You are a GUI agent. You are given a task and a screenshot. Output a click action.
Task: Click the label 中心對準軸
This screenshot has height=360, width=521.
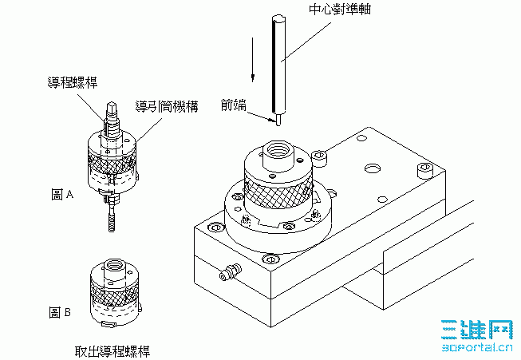(340, 9)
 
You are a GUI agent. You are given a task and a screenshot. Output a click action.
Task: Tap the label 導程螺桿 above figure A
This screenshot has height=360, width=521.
(73, 82)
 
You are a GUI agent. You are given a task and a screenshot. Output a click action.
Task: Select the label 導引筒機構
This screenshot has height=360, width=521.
(167, 106)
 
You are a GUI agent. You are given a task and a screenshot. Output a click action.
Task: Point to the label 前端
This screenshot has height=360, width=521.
(234, 105)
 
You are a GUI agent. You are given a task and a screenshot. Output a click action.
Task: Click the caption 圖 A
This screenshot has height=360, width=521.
(62, 194)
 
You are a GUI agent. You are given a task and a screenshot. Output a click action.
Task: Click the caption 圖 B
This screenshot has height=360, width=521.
(60, 312)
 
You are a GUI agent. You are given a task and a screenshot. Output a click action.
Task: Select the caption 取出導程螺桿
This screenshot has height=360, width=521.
(112, 351)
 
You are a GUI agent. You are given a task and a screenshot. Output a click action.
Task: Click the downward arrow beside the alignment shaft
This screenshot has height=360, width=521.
(253, 60)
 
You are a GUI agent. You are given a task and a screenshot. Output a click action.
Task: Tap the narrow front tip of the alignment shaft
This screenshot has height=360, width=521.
(278, 120)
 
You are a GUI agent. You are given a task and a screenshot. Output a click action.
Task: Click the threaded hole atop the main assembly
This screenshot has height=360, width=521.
(278, 149)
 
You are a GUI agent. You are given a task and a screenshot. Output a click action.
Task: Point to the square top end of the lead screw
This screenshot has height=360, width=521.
(112, 108)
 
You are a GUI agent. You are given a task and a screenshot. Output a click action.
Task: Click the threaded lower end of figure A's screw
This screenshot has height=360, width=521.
(112, 221)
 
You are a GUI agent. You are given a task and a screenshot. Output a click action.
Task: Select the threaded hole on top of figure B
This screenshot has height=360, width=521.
(114, 266)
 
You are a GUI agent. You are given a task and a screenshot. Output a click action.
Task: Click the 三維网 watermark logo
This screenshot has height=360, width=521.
(477, 330)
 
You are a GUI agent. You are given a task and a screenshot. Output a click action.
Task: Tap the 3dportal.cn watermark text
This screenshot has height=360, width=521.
(477, 348)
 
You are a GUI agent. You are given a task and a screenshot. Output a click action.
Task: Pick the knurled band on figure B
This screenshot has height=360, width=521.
(114, 292)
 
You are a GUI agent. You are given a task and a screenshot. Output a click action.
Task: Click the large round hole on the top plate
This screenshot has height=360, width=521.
(373, 168)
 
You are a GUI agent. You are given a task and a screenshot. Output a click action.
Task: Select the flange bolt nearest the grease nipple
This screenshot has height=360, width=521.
(270, 259)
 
